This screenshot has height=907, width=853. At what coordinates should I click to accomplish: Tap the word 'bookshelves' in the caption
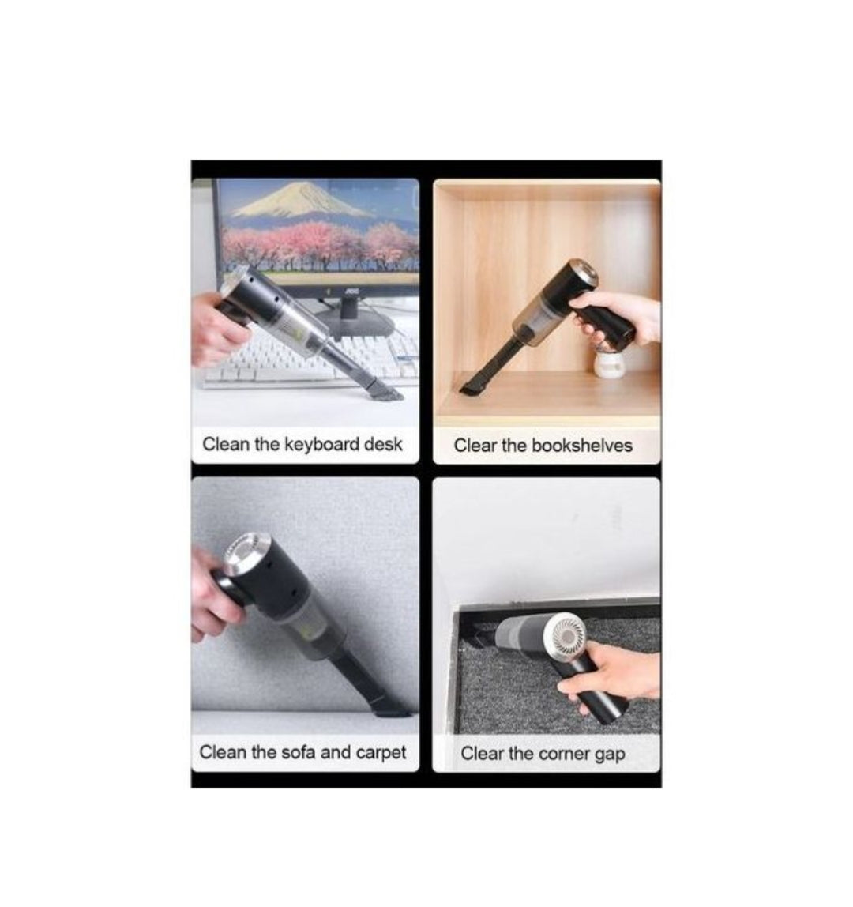(581, 446)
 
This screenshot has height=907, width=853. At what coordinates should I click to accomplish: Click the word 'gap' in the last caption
(609, 754)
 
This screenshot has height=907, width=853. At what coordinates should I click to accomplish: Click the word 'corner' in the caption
(564, 754)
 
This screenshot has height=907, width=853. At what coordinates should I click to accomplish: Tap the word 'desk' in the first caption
(383, 444)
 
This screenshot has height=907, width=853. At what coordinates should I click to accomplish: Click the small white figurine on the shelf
(609, 367)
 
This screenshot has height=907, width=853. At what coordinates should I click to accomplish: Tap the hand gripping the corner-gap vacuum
(620, 668)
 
